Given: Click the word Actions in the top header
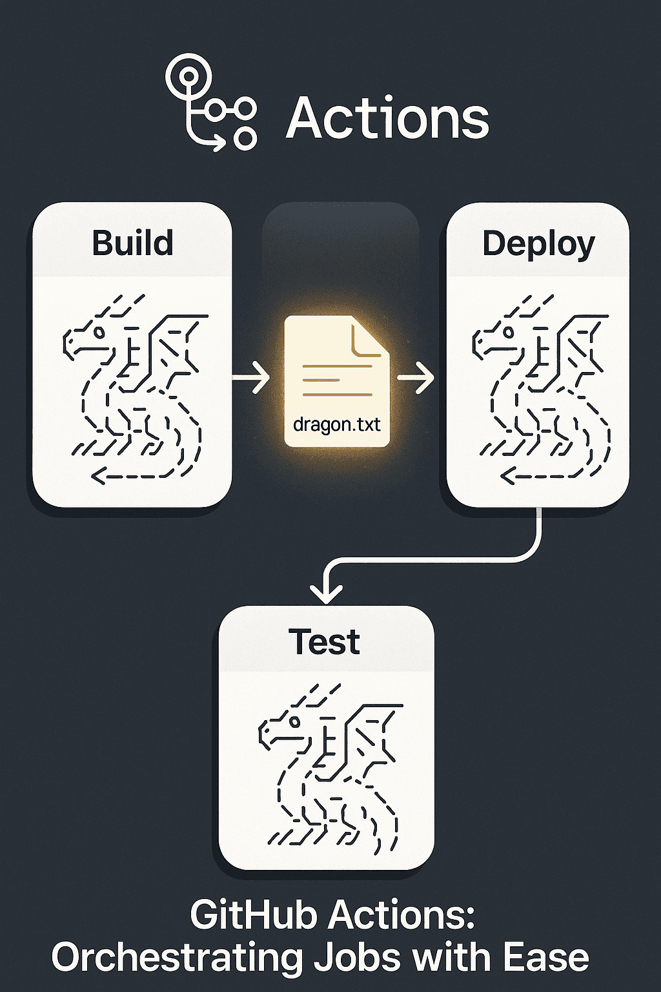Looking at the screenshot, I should [x=387, y=118].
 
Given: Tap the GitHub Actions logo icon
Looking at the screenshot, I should [x=210, y=103].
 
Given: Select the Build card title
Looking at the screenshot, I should [x=132, y=243].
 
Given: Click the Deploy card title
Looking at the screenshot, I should [x=538, y=245].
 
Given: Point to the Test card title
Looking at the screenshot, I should [x=325, y=642].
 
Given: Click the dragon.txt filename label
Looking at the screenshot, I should [x=336, y=424].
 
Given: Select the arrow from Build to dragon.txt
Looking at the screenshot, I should [x=251, y=377].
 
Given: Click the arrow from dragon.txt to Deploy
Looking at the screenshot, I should [x=416, y=377].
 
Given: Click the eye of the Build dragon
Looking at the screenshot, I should [x=99, y=332].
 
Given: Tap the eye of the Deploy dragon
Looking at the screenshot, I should [x=509, y=333].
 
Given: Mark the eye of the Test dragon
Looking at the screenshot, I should [x=294, y=721].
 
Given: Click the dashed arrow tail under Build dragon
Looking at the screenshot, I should [x=129, y=477].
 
